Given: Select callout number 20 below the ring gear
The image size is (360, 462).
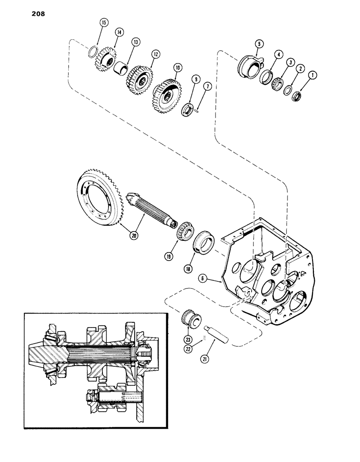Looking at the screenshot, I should [134, 235].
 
